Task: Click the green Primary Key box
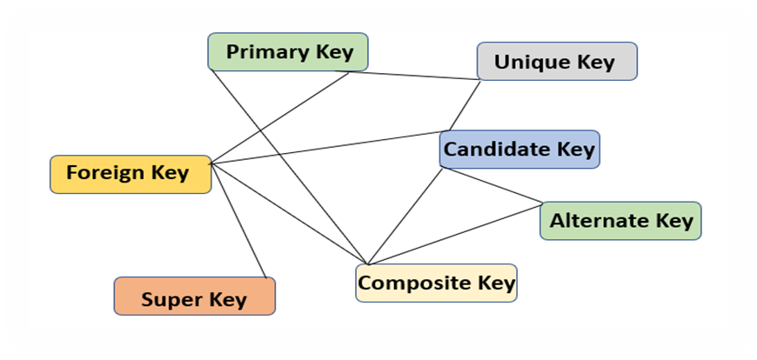pyautogui.click(x=288, y=52)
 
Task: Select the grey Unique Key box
pyautogui.click(x=557, y=62)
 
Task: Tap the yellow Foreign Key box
pyautogui.click(x=131, y=173)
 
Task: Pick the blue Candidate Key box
pyautogui.click(x=519, y=150)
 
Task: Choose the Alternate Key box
pyautogui.click(x=620, y=221)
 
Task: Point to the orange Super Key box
pyautogui.click(x=194, y=300)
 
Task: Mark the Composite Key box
pyautogui.click(x=436, y=283)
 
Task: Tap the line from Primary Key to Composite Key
pyautogui.click(x=287, y=161)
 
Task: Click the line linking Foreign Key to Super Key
pyautogui.click(x=238, y=221)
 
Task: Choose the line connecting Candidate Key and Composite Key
pyautogui.click(x=405, y=217)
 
